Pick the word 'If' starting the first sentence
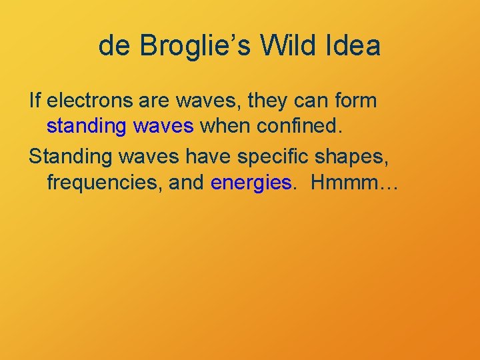[x=35, y=101]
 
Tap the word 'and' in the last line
[x=187, y=183]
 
